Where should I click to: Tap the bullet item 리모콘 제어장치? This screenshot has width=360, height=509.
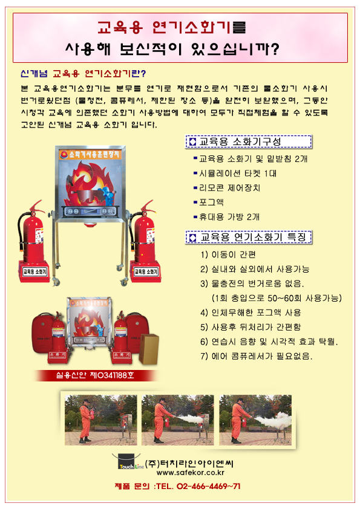coord(229,187)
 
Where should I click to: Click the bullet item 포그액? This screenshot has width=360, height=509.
coord(210,202)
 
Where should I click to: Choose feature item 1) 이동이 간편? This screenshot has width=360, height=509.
coord(228,254)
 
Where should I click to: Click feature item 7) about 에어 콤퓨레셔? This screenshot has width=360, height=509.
coord(256,356)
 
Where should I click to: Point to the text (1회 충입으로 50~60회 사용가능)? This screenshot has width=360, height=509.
coord(264,298)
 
